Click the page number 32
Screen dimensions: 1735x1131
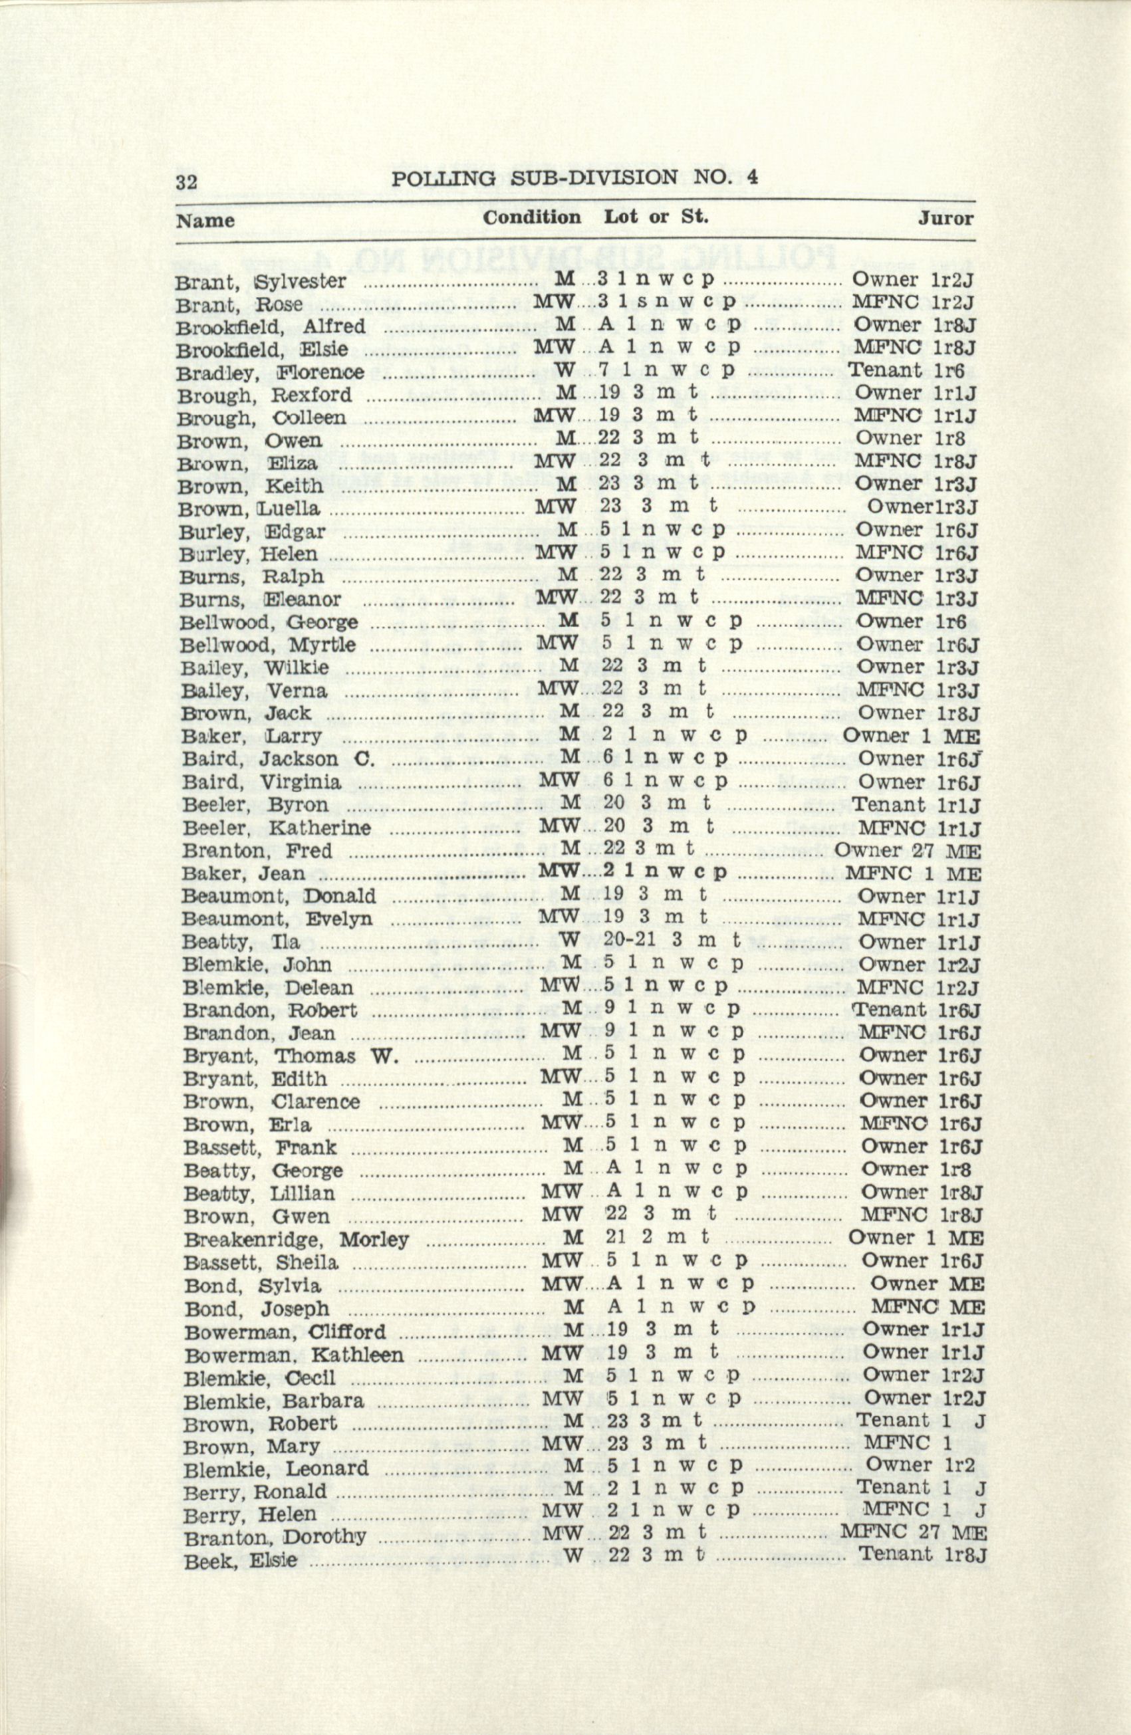pos(186,181)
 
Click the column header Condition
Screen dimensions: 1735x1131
pos(532,217)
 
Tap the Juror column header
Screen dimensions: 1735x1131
pos(945,218)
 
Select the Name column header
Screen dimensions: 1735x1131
pos(205,220)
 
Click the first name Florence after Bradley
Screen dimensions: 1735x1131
pos(320,372)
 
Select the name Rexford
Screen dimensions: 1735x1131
pos(311,395)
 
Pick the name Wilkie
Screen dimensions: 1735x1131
pos(296,668)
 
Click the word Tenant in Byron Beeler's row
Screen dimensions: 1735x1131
pos(888,805)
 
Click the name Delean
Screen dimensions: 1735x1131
pos(318,988)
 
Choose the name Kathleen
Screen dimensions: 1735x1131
pos(357,1355)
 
